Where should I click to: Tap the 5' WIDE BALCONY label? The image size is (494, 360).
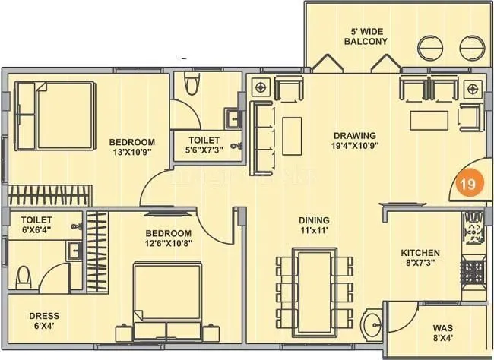point(366,36)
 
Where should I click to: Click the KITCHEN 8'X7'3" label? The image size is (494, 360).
point(421,258)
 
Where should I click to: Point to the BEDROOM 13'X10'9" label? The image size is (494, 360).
point(131,147)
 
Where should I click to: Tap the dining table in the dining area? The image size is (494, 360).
point(315,286)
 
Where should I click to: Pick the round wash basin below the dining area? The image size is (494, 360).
point(373,326)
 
